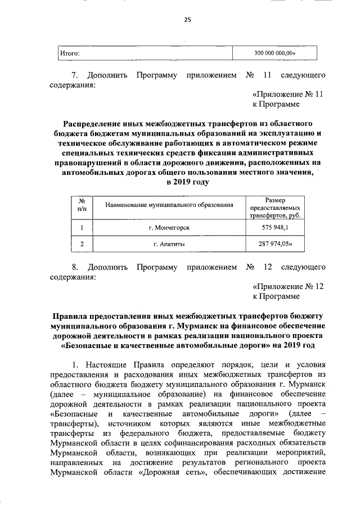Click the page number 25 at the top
[x=187, y=20]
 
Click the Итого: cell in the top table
[x=69, y=53]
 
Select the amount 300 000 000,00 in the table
[x=274, y=53]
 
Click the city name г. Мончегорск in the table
[x=169, y=227]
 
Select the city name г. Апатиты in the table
[x=169, y=244]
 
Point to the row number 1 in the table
[x=82, y=227]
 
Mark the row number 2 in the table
[x=82, y=244]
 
